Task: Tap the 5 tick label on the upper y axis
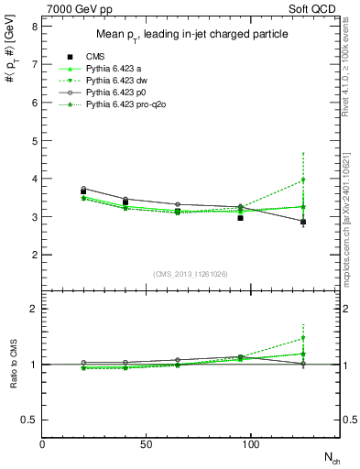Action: (34, 141)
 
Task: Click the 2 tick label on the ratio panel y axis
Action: (34, 309)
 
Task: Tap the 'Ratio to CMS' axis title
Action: (14, 364)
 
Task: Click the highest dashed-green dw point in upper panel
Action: (303, 180)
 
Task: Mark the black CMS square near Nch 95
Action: (240, 218)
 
